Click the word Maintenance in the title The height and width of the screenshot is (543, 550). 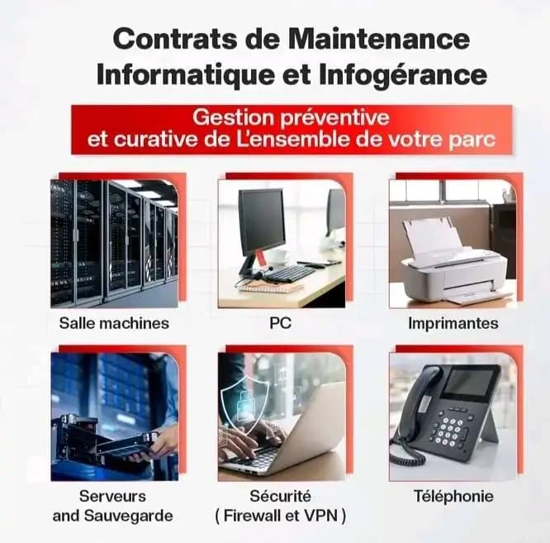pyautogui.click(x=379, y=39)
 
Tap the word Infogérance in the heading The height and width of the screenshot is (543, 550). pyautogui.click(x=403, y=74)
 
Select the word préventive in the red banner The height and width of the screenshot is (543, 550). pyautogui.click(x=334, y=117)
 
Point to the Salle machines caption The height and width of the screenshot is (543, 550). pyautogui.click(x=114, y=323)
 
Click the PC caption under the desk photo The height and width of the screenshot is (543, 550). pyautogui.click(x=280, y=323)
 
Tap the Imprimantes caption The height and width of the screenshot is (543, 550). pyautogui.click(x=453, y=323)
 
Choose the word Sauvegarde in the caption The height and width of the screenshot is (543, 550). pyautogui.click(x=128, y=516)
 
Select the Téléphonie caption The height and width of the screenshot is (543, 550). pyautogui.click(x=453, y=496)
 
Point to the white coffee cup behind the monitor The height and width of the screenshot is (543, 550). pyautogui.click(x=277, y=256)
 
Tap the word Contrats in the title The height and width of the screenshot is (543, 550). pyautogui.click(x=175, y=39)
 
